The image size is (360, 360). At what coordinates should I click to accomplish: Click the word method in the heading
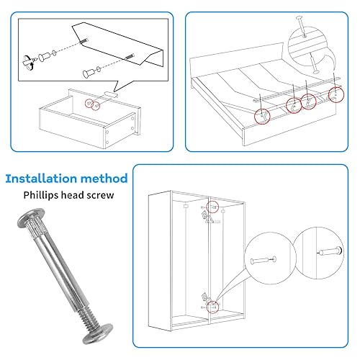(104, 179)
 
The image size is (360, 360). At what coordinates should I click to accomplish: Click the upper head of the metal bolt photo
(31, 218)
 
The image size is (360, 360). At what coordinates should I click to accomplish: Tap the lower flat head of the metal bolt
(98, 334)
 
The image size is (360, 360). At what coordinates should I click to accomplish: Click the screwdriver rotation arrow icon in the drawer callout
(28, 63)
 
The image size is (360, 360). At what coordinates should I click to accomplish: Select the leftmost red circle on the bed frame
(262, 117)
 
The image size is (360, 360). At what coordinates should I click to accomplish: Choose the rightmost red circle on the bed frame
(336, 94)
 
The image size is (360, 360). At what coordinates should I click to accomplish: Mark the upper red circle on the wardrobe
(212, 207)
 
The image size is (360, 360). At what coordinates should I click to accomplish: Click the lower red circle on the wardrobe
(212, 307)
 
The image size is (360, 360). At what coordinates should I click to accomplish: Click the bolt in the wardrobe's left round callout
(263, 260)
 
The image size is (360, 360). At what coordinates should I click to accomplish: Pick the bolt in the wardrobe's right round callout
(330, 251)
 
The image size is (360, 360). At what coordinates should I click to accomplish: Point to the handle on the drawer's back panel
(111, 94)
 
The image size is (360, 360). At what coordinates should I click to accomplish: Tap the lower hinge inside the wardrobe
(207, 298)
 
